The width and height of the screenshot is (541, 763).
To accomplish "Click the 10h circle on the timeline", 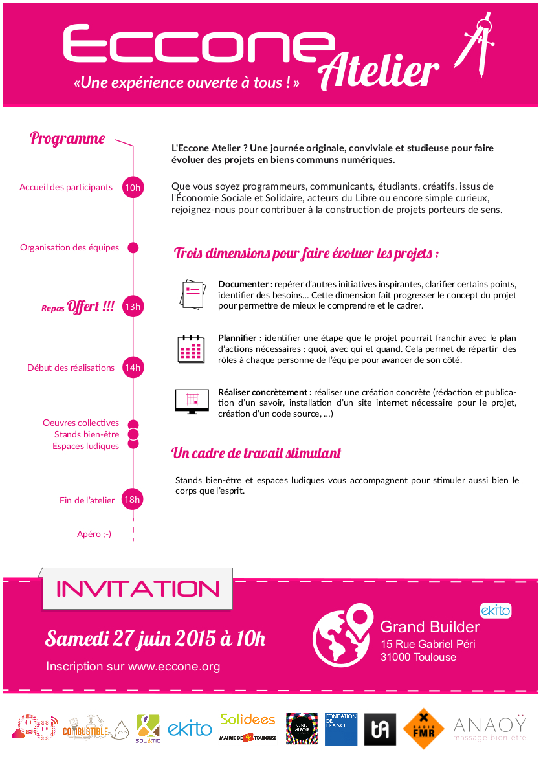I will [x=133, y=188].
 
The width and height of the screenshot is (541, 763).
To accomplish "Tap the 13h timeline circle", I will [x=133, y=307].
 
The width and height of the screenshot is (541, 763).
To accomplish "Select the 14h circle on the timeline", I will [x=133, y=368].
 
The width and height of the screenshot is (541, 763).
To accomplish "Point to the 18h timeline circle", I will [x=133, y=500].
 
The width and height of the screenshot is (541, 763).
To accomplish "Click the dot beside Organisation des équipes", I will [x=133, y=247].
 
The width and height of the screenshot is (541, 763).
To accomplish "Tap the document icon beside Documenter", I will [x=192, y=293].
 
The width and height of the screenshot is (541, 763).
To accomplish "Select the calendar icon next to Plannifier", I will [x=192, y=348].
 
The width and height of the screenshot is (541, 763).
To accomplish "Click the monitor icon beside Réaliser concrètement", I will [x=192, y=401].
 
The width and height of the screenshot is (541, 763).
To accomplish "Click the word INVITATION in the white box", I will [x=138, y=589].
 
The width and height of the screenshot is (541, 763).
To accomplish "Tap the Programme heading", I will [x=67, y=138].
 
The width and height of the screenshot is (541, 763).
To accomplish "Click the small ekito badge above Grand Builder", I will [x=496, y=610].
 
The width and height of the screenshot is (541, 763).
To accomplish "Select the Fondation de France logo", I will [x=341, y=729].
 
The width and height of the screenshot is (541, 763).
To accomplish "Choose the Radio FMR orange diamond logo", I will [x=423, y=729].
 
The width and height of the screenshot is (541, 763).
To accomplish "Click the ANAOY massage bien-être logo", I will [x=490, y=727].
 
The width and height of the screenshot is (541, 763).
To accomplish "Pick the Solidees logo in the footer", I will [x=248, y=719].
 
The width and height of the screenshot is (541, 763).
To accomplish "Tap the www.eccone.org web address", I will [x=174, y=667].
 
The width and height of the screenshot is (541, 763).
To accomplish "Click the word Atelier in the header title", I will [x=380, y=72].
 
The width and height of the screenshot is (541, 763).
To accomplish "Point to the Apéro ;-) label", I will [x=94, y=534].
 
